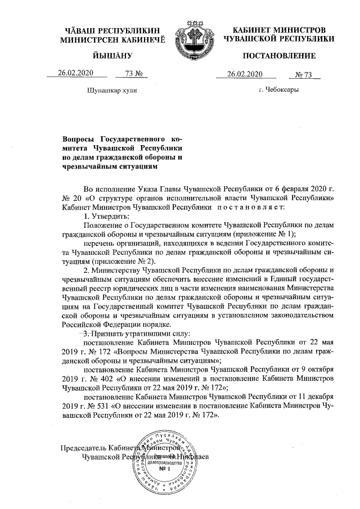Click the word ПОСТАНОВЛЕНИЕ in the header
click(279, 56)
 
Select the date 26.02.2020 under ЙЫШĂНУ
click(75, 74)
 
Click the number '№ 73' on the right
click(307, 74)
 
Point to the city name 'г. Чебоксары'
click(278, 89)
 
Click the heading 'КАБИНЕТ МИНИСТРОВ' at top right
click(279, 29)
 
